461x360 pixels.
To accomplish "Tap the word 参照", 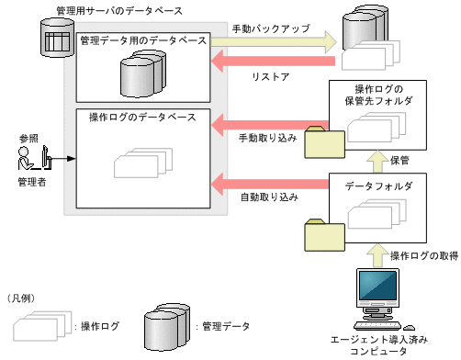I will point(29,139).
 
